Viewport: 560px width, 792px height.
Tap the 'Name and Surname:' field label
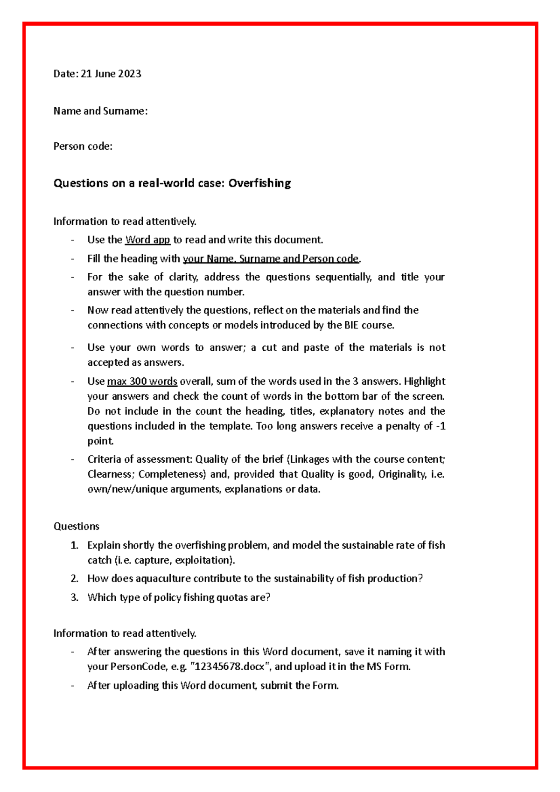pos(100,111)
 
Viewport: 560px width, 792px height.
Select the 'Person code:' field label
pos(83,146)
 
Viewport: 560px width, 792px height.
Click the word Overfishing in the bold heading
pos(259,183)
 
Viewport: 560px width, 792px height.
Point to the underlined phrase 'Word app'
pos(147,240)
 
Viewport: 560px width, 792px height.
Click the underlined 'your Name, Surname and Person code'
pos(271,258)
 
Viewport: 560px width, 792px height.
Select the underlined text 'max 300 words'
pos(142,381)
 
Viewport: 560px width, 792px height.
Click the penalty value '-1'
pos(440,426)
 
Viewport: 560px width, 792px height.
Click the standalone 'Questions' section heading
pos(77,526)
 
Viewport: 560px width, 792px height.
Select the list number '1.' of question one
pos(75,545)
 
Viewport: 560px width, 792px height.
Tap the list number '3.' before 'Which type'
pos(75,597)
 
